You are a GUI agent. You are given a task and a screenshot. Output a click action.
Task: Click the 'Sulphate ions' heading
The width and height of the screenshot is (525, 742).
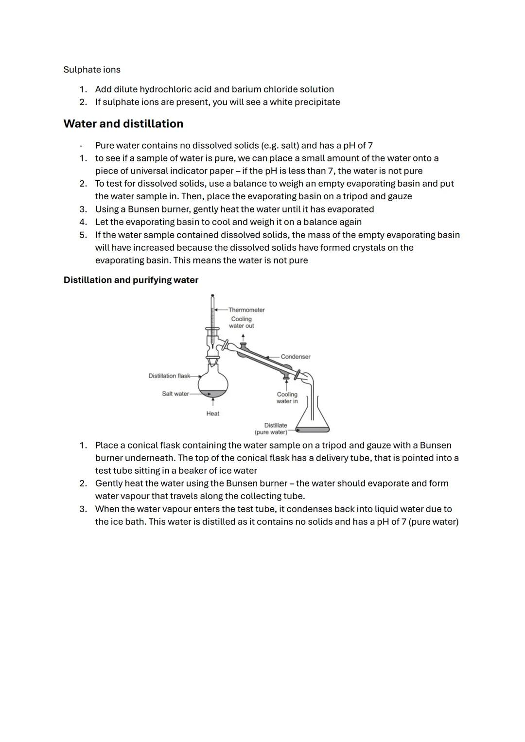tap(92, 69)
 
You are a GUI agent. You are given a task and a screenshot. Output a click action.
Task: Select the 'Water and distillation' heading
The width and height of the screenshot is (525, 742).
tap(123, 124)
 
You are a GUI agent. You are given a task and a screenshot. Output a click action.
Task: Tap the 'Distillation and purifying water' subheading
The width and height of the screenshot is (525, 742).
tap(131, 280)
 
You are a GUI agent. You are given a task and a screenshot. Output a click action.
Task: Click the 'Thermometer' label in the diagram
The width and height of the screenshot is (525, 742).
tap(246, 310)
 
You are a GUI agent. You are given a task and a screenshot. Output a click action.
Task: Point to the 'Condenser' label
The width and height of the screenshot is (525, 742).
tap(295, 357)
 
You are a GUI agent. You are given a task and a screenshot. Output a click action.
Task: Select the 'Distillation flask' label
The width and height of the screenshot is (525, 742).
tap(169, 376)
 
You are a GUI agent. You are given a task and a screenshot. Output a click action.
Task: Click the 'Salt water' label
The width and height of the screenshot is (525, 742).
tap(175, 394)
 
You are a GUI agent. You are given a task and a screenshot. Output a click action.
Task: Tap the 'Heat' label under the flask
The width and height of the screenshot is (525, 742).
tap(212, 414)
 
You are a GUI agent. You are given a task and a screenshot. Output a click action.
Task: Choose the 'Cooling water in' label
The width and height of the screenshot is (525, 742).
tap(287, 397)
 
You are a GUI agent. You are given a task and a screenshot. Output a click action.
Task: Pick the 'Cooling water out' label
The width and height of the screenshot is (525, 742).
tap(242, 322)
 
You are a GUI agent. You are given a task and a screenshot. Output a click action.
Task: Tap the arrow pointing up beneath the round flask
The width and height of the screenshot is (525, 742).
tap(213, 403)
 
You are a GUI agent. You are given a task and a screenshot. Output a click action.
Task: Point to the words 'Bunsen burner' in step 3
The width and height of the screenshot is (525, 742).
tap(158, 209)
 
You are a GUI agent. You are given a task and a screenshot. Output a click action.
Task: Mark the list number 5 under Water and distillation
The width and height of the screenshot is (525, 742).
tap(83, 235)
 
